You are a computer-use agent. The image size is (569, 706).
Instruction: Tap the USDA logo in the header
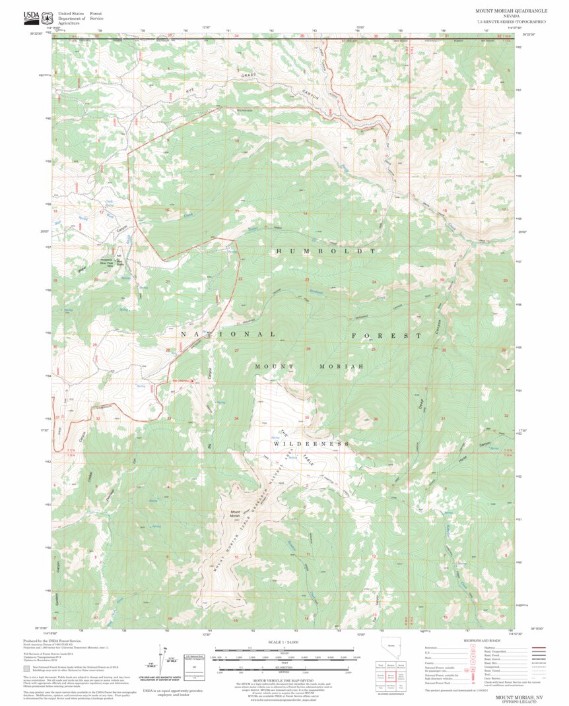[x=31, y=16]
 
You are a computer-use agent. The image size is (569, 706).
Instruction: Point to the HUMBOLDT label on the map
[x=325, y=251]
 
